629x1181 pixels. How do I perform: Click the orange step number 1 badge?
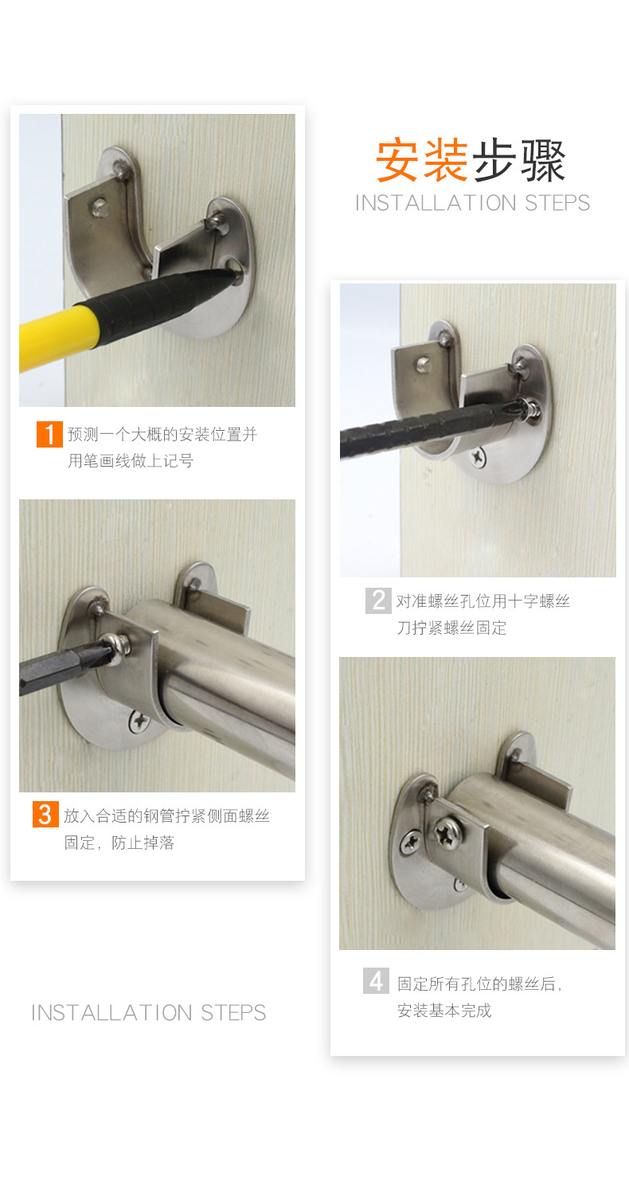click(49, 435)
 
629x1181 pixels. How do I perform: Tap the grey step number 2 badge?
click(378, 600)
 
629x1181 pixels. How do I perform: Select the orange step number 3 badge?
click(45, 815)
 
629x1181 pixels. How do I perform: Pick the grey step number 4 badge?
click(376, 980)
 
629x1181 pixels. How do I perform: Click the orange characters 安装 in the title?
click(422, 160)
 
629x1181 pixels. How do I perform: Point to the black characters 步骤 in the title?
click(519, 160)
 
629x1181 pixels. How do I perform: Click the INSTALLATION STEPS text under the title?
click(472, 203)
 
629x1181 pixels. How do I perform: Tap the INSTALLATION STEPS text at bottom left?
click(149, 1013)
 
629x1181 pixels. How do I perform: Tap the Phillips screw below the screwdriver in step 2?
click(478, 457)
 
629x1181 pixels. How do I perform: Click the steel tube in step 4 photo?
click(549, 844)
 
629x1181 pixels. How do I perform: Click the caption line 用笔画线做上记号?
click(131, 461)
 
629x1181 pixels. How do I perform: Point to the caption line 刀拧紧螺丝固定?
click(452, 628)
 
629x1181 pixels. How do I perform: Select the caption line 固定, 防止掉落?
click(119, 843)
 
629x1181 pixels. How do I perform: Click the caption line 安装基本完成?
click(444, 1011)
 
